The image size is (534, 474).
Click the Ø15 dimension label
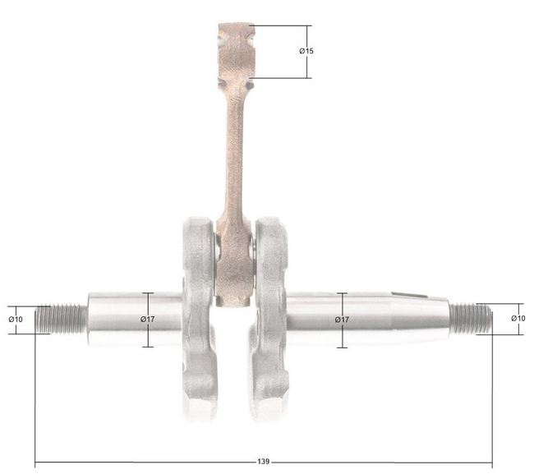tap(306, 51)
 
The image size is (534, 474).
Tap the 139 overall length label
tap(262, 462)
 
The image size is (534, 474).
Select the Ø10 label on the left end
tap(16, 318)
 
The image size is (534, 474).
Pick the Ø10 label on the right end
tap(518, 318)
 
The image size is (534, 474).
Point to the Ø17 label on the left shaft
tap(148, 319)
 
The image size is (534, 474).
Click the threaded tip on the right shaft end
tap(471, 317)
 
